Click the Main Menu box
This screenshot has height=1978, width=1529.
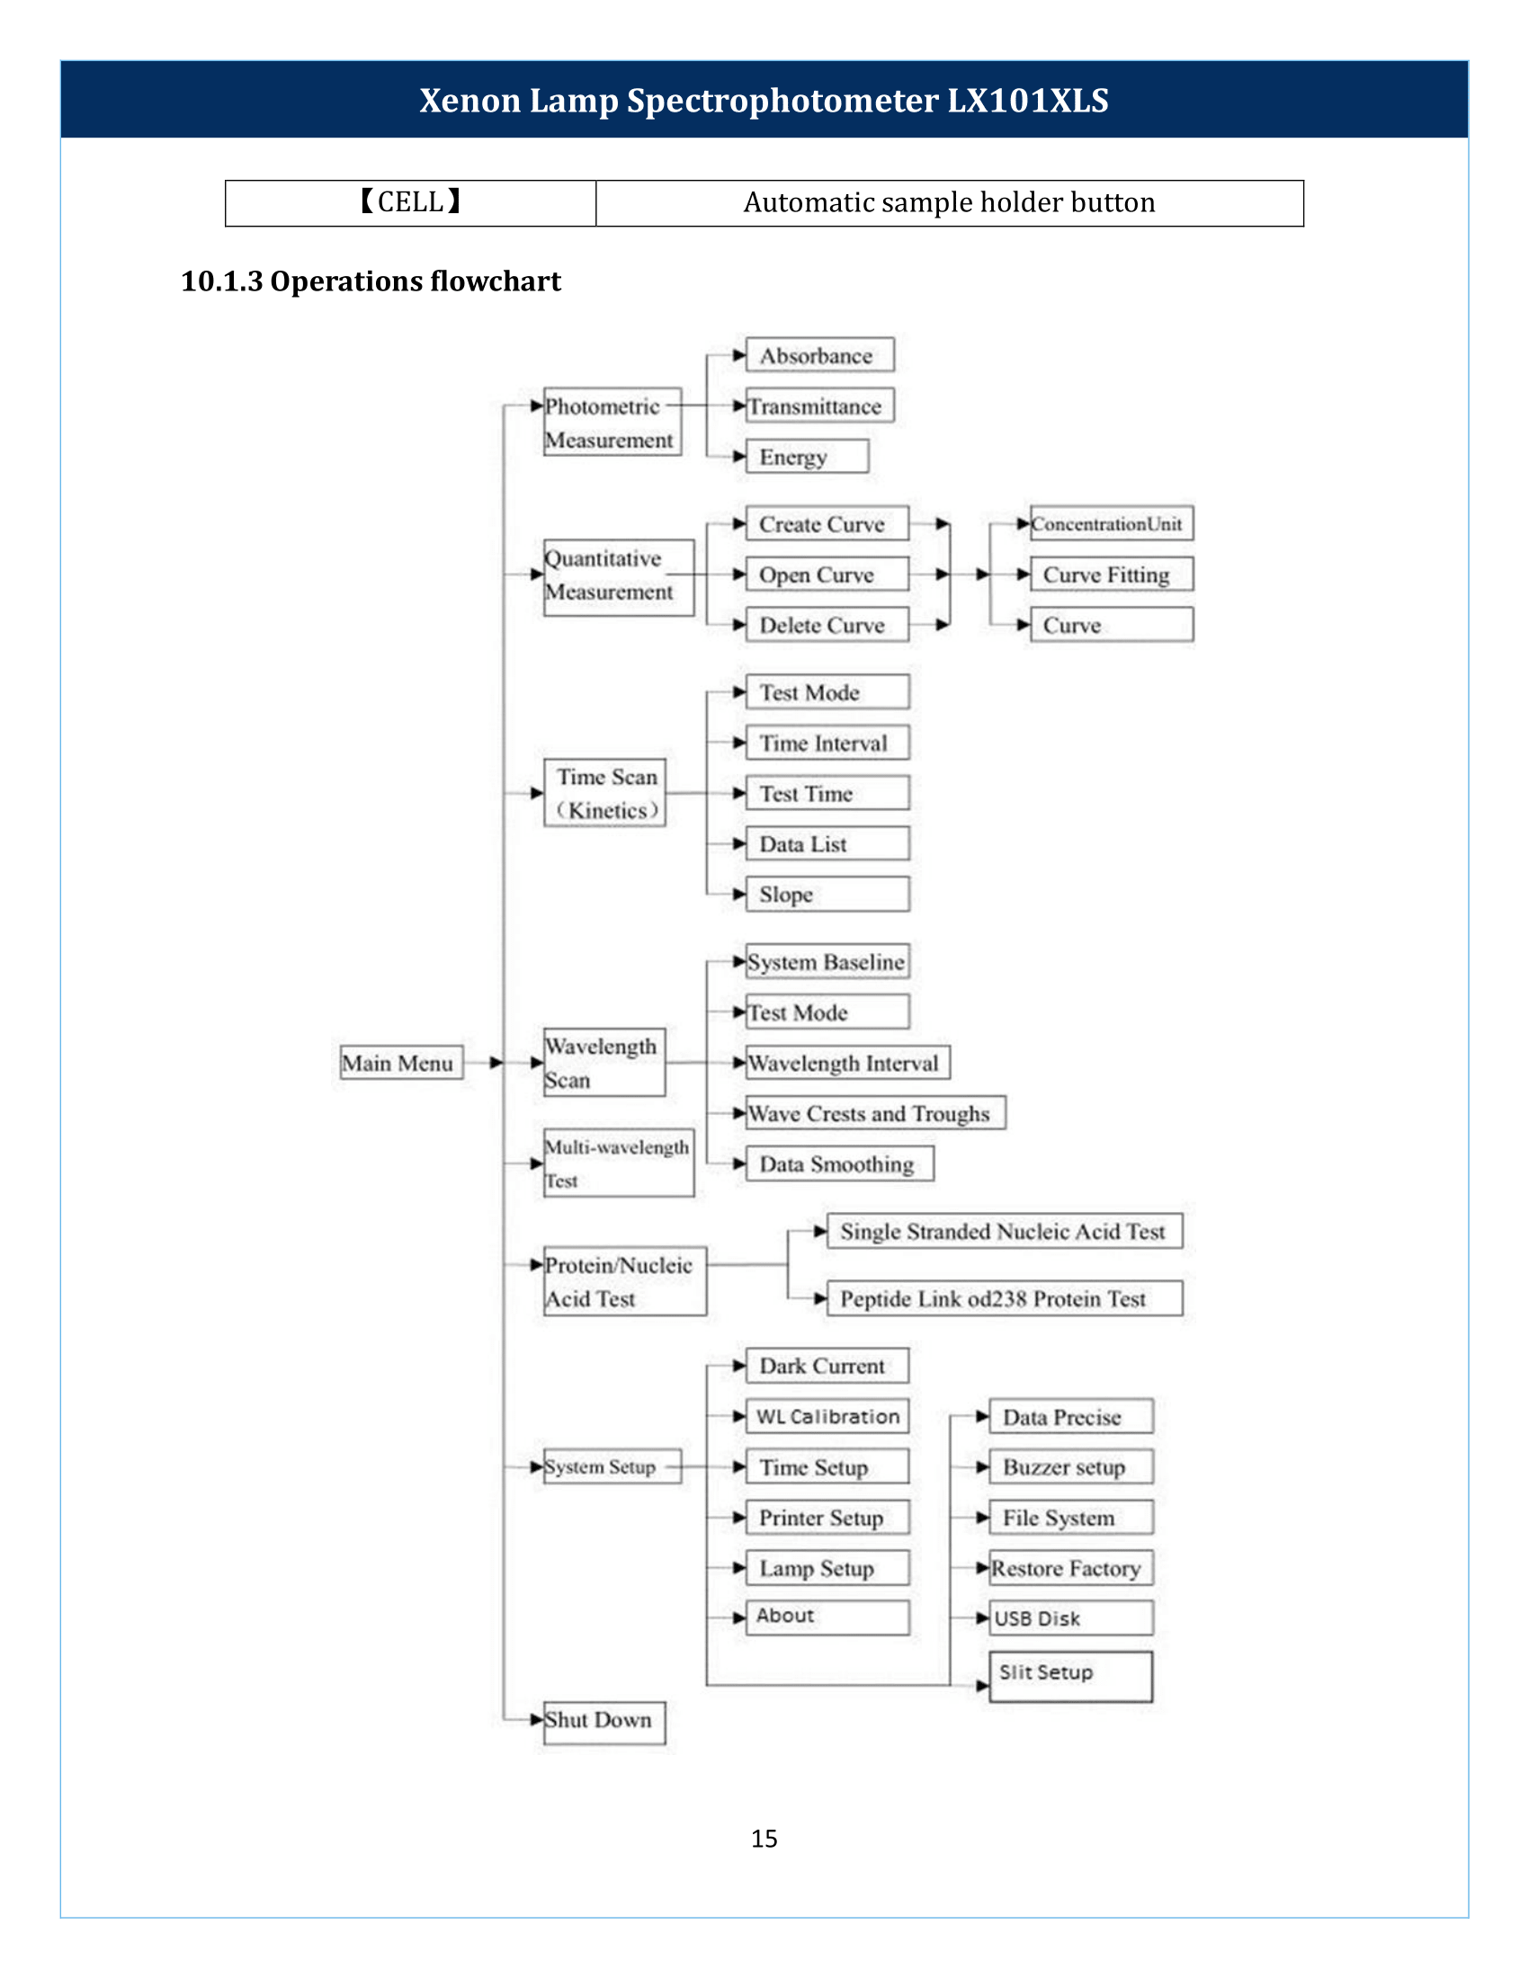tap(401, 1063)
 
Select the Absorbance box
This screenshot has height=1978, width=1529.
tap(819, 355)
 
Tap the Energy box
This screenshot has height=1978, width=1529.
tap(807, 457)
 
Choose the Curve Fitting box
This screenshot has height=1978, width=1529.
tap(1112, 575)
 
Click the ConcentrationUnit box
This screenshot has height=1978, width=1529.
tap(1112, 523)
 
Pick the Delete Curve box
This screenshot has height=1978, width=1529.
tap(827, 625)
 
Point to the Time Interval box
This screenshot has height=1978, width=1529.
tap(827, 743)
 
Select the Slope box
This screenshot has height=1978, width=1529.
tap(827, 894)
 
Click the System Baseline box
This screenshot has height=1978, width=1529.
tap(827, 961)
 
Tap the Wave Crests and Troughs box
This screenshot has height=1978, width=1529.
tap(875, 1112)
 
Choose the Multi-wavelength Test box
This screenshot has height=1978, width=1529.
tap(619, 1163)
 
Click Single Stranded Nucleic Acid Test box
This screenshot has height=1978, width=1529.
tap(1005, 1231)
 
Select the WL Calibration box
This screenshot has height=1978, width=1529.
tap(827, 1416)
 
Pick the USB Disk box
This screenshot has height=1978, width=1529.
tap(1070, 1617)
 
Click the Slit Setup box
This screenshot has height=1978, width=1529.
tap(1070, 1678)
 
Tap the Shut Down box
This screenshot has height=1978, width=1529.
tap(604, 1723)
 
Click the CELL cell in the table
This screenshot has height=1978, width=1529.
tap(410, 203)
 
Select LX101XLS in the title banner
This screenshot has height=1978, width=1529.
tap(1028, 101)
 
